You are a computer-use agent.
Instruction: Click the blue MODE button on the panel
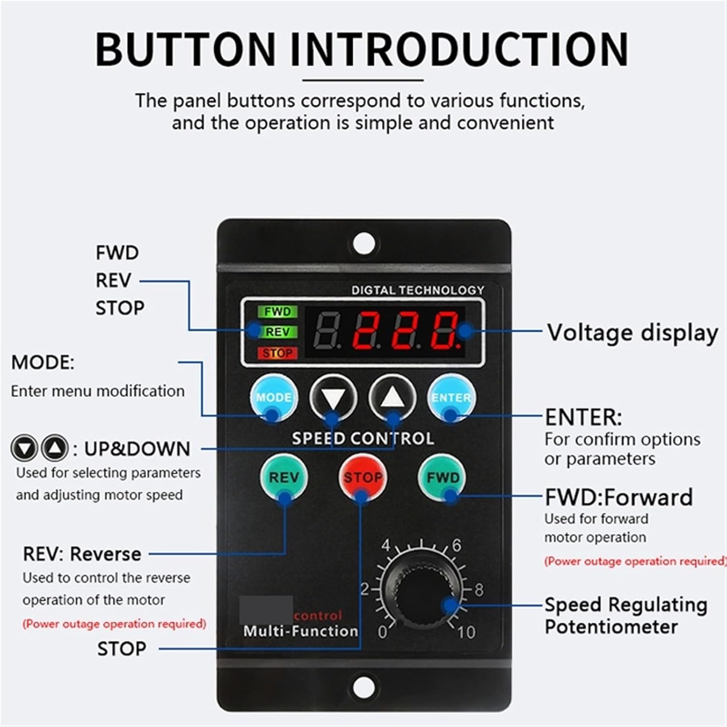click(x=274, y=398)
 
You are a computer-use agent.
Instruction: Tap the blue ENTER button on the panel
click(x=451, y=398)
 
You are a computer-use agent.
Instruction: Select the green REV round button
click(x=284, y=477)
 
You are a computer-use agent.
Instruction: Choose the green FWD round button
click(x=443, y=477)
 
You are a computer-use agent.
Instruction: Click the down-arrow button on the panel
click(x=333, y=398)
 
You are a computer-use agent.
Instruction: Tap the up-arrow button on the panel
click(x=393, y=398)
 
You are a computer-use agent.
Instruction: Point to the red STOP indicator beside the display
click(x=277, y=353)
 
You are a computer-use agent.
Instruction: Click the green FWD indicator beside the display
click(x=277, y=312)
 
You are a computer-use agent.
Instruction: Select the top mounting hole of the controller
click(x=364, y=243)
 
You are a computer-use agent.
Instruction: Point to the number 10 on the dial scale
click(x=466, y=632)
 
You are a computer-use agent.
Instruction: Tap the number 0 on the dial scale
click(x=382, y=632)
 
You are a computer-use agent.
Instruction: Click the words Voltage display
click(x=632, y=333)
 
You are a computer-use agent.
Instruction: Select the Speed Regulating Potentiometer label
click(x=625, y=616)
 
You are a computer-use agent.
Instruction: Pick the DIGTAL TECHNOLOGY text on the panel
click(x=418, y=290)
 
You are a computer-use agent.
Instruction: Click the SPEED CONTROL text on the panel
click(x=363, y=439)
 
